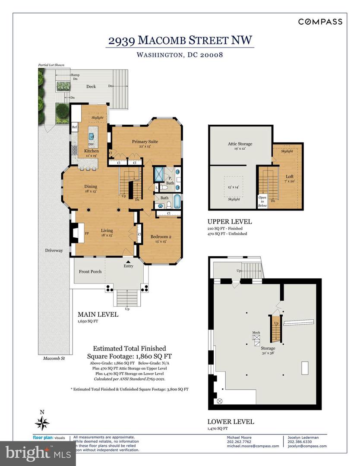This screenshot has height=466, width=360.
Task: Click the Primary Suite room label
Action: [145, 142]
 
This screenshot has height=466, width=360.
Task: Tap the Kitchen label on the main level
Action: [92, 151]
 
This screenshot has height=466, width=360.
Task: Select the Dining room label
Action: [91, 186]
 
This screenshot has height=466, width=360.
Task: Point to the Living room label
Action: [107, 230]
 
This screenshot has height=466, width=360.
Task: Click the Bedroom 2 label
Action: [161, 236]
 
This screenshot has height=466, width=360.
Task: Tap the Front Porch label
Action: [90, 271]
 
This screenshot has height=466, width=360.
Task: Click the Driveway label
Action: [54, 250]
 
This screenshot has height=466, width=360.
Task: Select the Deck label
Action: [91, 86]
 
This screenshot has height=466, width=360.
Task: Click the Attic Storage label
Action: [240, 144]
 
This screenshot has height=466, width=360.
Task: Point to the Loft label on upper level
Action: [289, 176]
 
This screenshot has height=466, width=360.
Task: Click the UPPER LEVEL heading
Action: [230, 222]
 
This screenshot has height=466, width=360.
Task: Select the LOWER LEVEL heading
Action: [231, 422]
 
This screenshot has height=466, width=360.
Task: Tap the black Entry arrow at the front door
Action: [128, 261]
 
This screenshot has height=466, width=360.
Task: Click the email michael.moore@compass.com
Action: [253, 446]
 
